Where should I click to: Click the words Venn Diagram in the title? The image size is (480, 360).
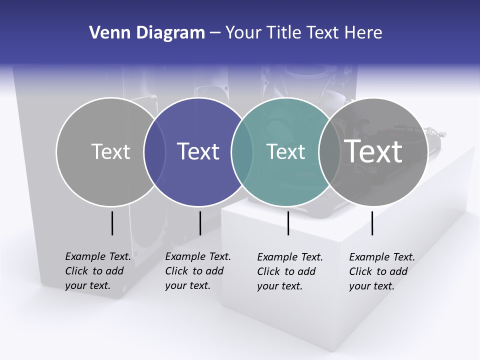pyautogui.click(x=147, y=33)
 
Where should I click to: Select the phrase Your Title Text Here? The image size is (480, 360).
pyautogui.click(x=303, y=33)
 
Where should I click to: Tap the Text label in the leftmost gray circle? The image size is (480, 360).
pyautogui.click(x=110, y=151)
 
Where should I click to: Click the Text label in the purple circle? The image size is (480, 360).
pyautogui.click(x=198, y=151)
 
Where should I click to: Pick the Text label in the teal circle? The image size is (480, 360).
pyautogui.click(x=285, y=151)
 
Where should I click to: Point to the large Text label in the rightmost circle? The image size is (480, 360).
pyautogui.click(x=373, y=151)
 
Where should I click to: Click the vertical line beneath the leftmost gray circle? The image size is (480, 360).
pyautogui.click(x=112, y=223)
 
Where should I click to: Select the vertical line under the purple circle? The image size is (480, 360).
pyautogui.click(x=200, y=223)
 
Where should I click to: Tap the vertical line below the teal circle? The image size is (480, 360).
pyautogui.click(x=288, y=223)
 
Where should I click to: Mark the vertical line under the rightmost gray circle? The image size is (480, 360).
pyautogui.click(x=372, y=223)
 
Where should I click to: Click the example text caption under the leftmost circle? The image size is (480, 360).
pyautogui.click(x=97, y=271)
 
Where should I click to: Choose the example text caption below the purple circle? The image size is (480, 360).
pyautogui.click(x=197, y=271)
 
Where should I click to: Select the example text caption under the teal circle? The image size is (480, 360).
pyautogui.click(x=290, y=271)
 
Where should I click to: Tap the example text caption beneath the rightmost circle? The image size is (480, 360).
pyautogui.click(x=381, y=271)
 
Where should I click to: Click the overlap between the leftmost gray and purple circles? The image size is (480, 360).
pyautogui.click(x=154, y=152)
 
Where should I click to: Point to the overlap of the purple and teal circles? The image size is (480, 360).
pyautogui.click(x=242, y=152)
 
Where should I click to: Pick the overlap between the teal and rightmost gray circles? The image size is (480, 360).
pyautogui.click(x=329, y=152)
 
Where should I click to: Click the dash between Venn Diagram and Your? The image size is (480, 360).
pyautogui.click(x=214, y=33)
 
